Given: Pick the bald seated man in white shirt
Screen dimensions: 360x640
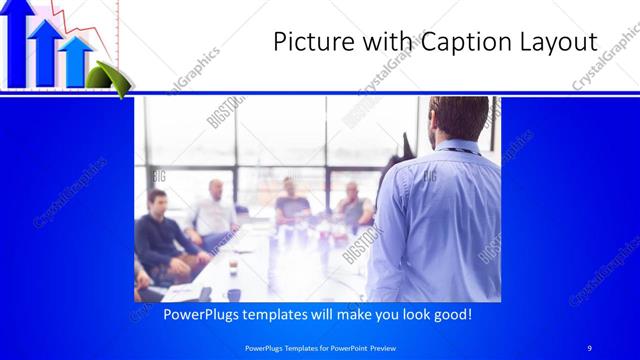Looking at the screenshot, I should (x=214, y=211).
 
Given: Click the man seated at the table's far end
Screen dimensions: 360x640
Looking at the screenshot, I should (x=292, y=200).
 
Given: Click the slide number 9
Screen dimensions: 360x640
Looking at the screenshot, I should (x=590, y=347).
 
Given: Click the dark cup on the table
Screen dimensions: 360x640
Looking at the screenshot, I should (x=233, y=294).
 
